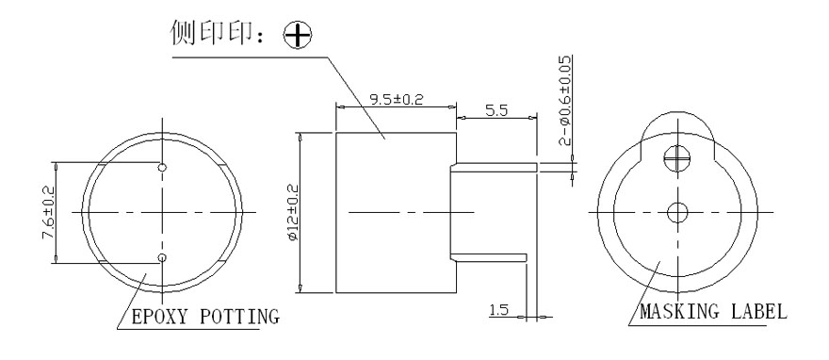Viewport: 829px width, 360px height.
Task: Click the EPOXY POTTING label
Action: pyautogui.click(x=203, y=316)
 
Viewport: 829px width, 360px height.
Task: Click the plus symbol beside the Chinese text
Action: pyautogui.click(x=281, y=35)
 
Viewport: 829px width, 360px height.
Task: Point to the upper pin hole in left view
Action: pyautogui.click(x=162, y=167)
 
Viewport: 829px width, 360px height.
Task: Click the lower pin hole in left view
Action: pyautogui.click(x=162, y=257)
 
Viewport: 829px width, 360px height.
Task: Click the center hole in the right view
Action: pyautogui.click(x=674, y=213)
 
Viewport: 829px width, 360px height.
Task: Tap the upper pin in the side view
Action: pyautogui.click(x=495, y=167)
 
